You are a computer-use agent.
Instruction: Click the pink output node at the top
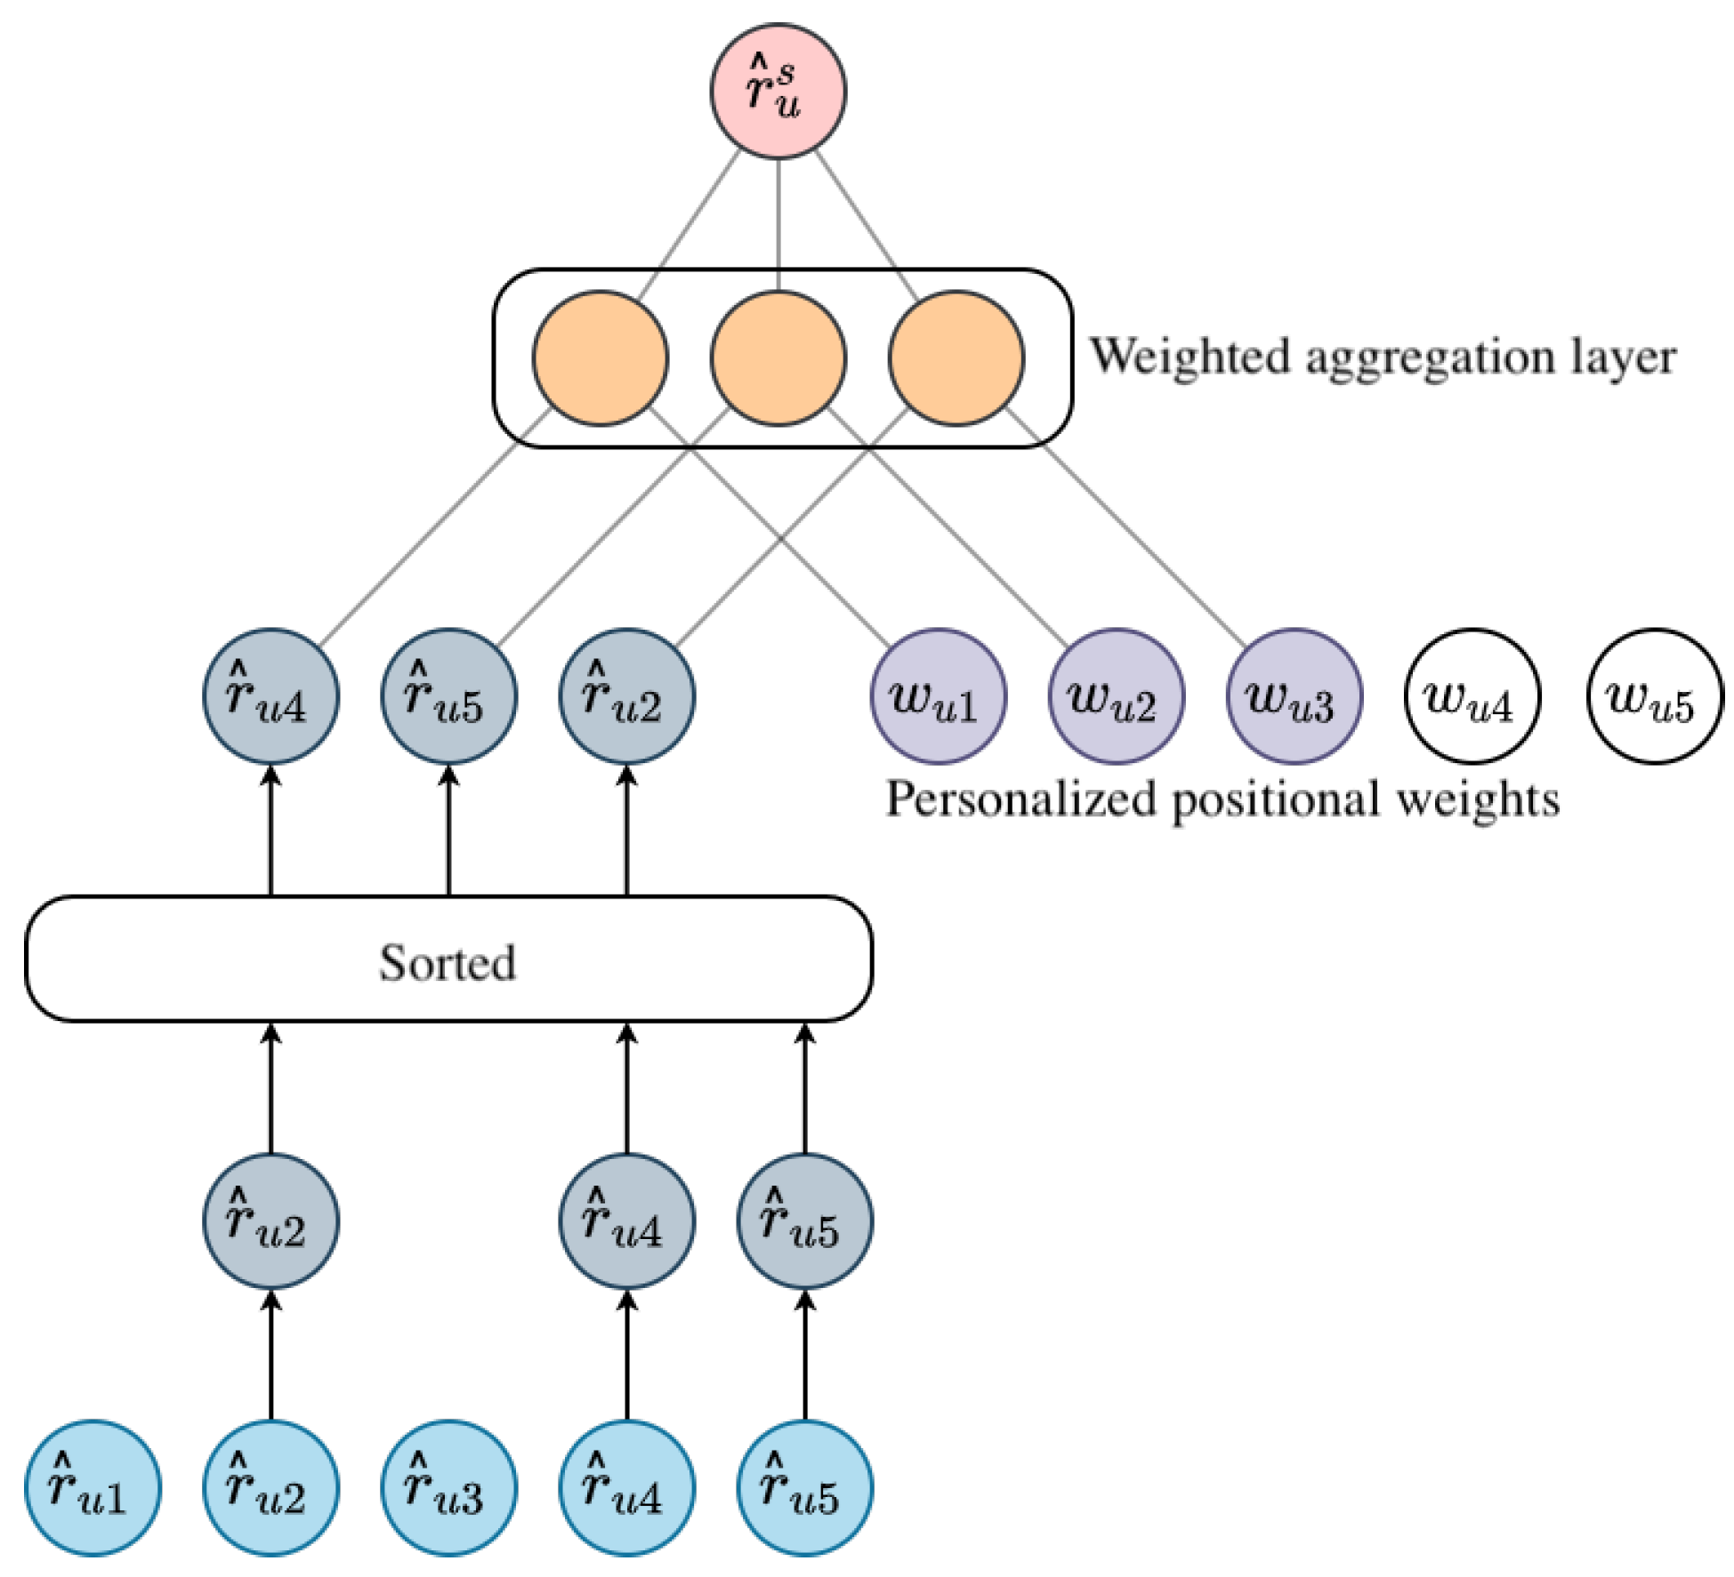778,92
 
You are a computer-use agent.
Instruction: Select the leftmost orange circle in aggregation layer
600,358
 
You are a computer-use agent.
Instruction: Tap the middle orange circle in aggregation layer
778,358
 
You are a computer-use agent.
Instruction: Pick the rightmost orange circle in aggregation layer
956,358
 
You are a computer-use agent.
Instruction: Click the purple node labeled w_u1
938,696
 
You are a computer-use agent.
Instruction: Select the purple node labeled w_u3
1294,696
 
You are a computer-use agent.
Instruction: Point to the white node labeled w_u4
1472,696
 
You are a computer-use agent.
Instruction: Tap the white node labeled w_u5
1653,696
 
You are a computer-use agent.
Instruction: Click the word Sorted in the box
448,963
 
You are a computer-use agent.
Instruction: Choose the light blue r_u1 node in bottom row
93,1488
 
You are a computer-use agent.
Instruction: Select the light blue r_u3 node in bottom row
448,1488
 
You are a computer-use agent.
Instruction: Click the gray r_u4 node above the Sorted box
270,696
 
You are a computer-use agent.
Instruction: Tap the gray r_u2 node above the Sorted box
626,696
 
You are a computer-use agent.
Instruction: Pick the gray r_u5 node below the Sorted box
804,1221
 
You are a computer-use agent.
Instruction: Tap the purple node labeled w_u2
1116,696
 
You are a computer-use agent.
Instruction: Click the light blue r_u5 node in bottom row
804,1488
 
